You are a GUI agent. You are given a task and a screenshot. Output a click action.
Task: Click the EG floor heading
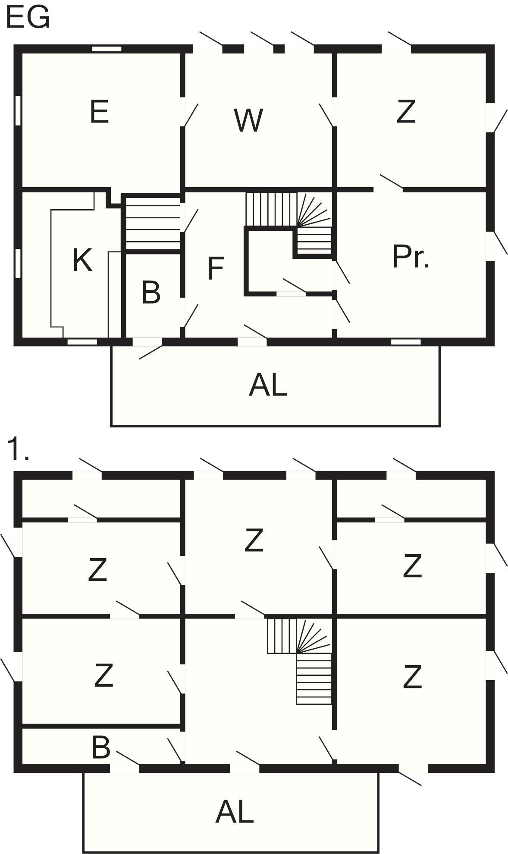(28, 19)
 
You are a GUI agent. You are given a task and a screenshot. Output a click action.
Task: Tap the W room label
(248, 120)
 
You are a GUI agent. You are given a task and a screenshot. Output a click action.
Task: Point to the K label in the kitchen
(82, 260)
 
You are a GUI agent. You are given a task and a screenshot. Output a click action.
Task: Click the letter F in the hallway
(215, 268)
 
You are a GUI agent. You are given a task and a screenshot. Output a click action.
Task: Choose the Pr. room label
(411, 257)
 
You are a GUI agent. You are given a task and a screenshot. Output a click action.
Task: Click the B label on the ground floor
(151, 293)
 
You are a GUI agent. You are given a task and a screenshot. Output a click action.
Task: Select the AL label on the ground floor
(268, 385)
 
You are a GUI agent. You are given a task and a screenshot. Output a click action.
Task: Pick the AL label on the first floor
(234, 812)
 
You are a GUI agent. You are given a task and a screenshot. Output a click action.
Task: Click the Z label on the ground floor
(406, 112)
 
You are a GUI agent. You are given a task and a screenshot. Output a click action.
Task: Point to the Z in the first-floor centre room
(254, 540)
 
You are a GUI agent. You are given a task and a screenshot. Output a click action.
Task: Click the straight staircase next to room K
(153, 223)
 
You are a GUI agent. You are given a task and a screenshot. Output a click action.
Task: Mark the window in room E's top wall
(107, 49)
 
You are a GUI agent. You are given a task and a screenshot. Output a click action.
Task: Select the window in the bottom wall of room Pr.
(406, 342)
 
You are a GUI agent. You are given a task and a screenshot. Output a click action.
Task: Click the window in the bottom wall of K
(82, 342)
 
